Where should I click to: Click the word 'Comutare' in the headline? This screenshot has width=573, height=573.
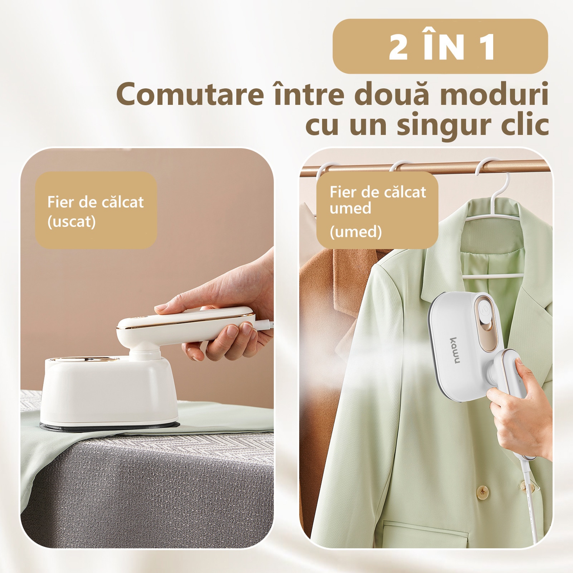coord(190,94)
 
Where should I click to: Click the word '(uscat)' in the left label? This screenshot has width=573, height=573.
coord(72,222)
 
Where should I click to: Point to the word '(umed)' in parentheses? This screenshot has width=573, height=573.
coord(356,232)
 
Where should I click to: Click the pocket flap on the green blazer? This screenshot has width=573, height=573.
coord(426,537)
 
